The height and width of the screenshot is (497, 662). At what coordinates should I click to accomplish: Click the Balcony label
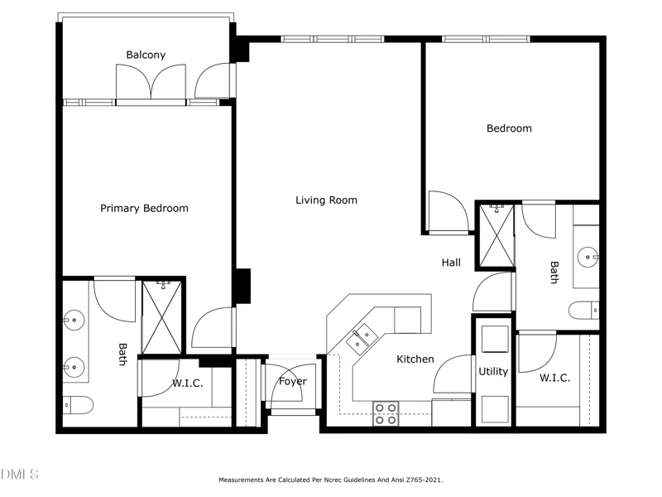pos(146,55)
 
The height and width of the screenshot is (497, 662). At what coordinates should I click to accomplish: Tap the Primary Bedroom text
pos(144,209)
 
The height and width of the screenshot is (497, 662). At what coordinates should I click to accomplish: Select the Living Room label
pos(326,200)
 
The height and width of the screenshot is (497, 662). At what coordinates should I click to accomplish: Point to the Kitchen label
pos(415,359)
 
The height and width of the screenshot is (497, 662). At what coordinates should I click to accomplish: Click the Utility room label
pos(493,372)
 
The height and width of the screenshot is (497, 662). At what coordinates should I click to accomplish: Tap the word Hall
pos(451,263)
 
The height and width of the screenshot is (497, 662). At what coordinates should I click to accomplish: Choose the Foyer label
pos(293,382)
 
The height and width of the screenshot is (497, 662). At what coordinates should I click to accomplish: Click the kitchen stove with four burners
pos(386,413)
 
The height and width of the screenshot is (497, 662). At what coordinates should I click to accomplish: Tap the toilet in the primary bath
pos(78,405)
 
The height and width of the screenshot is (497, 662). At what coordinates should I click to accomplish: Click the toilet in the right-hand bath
pos(584,310)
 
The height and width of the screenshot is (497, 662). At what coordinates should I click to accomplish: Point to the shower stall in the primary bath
pos(162,317)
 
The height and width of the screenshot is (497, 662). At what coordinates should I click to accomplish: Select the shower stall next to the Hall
pos(497,236)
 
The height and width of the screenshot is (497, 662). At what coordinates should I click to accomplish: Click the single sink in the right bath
pos(588,257)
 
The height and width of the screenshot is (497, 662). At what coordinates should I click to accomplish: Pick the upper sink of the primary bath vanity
pos(74,320)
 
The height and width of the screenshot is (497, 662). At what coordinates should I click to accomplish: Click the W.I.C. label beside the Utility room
pos(554,378)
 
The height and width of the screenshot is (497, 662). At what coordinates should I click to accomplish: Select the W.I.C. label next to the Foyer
pos(188,384)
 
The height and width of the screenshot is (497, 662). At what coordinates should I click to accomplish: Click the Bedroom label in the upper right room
pos(509,128)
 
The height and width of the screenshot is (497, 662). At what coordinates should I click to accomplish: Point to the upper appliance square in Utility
pos(495,339)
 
